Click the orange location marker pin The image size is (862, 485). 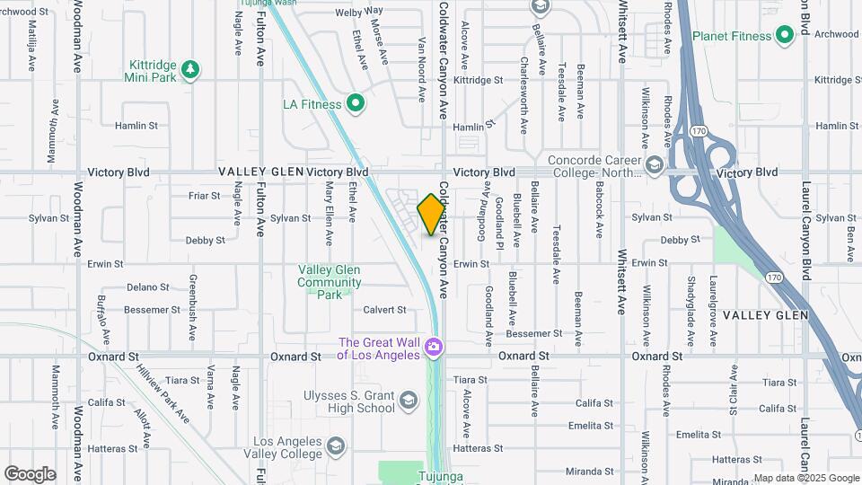[x=431, y=215]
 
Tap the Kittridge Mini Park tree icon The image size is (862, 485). [x=189, y=69]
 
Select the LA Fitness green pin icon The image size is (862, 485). [x=356, y=104]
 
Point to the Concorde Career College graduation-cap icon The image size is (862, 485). [x=655, y=164]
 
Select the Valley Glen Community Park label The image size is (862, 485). [x=330, y=282]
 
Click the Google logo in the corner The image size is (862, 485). [x=30, y=474]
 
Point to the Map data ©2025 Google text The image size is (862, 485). [x=806, y=478]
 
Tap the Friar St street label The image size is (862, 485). [x=204, y=195]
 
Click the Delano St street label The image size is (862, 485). [x=147, y=287]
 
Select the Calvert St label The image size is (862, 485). [x=384, y=310]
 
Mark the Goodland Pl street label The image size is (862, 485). [x=498, y=219]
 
